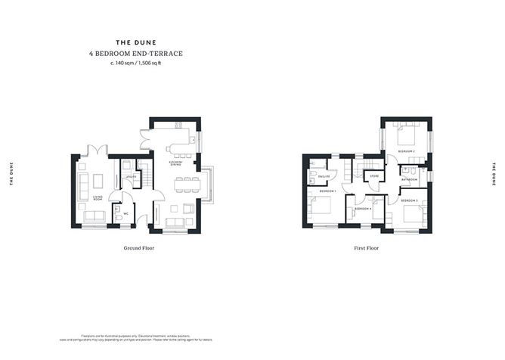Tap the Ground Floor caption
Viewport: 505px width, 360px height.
pos(138,248)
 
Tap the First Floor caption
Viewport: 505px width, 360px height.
pos(366,248)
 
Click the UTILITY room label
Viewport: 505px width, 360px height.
pos(130,178)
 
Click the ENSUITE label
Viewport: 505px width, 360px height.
pos(323,177)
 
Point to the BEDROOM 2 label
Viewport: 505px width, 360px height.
pos(407,152)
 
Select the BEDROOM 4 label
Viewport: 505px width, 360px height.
pos(363,208)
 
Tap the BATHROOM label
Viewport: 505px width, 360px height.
pos(408,179)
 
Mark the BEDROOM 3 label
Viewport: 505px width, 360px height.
pos(410,200)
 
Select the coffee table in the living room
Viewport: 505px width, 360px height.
pos(98,182)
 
